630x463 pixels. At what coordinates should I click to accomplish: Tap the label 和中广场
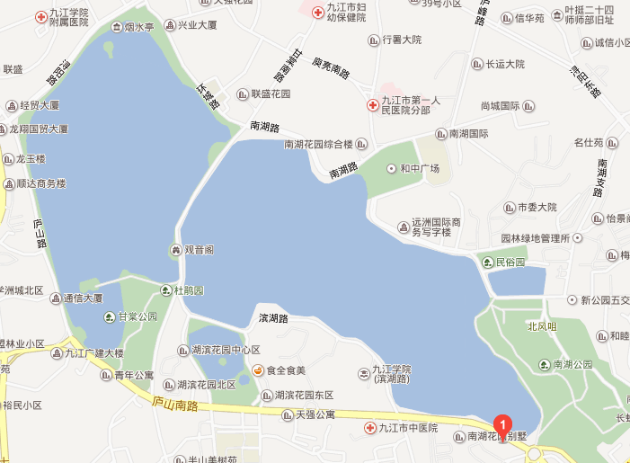(419, 168)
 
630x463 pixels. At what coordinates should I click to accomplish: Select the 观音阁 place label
(199, 249)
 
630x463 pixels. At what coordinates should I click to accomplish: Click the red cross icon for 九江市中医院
(369, 428)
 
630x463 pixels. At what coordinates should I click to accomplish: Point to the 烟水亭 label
(138, 28)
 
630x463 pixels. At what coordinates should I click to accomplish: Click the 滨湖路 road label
(272, 318)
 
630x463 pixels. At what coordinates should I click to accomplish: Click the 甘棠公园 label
(137, 316)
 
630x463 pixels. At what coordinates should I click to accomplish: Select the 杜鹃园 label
(189, 290)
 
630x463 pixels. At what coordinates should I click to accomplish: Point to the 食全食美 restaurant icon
(258, 370)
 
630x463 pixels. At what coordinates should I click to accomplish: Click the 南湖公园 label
(572, 364)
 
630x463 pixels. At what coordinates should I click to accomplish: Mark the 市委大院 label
(537, 207)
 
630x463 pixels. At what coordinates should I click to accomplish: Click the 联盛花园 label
(271, 93)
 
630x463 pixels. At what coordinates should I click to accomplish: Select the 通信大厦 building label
(83, 298)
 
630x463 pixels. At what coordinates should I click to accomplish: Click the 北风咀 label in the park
(542, 326)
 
